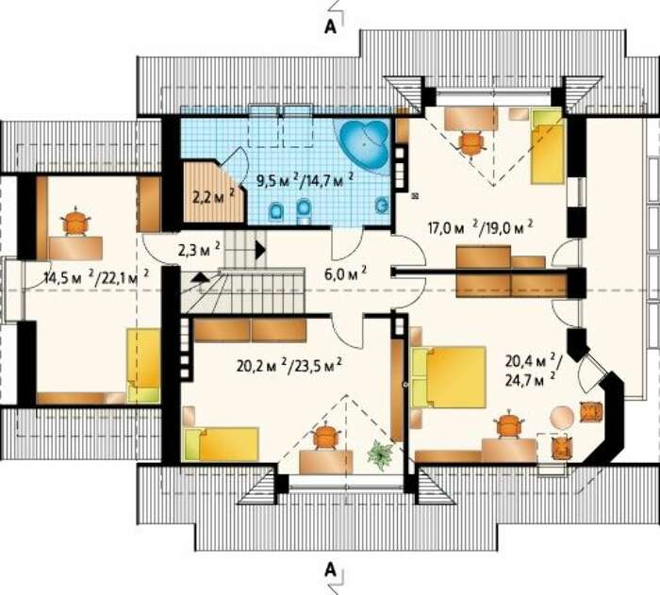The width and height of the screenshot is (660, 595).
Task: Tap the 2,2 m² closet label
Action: tap(213, 197)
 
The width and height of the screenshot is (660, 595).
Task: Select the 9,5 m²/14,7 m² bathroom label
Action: tap(305, 180)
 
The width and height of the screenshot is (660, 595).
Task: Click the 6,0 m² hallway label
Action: tap(345, 274)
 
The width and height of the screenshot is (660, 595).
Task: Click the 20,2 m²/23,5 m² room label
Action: tap(289, 365)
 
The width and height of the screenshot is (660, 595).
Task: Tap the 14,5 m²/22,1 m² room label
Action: tap(96, 277)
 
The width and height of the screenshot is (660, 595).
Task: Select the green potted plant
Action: tap(380, 455)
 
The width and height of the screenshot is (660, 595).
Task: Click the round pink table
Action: tap(562, 417)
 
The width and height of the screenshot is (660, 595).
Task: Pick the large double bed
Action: tap(449, 377)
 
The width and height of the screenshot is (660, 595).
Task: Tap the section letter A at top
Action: tap(331, 26)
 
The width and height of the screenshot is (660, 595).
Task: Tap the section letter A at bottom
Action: tap(331, 570)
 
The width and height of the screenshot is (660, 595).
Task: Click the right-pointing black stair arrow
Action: tap(260, 250)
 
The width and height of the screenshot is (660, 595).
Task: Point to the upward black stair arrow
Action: tap(201, 276)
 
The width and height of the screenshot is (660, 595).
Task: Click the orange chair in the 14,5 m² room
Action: tap(75, 222)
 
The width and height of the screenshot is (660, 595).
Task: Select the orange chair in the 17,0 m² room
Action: tap(471, 143)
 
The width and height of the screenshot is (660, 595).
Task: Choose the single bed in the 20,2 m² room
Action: tap(222, 444)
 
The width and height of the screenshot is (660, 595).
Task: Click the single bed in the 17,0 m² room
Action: tap(546, 146)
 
